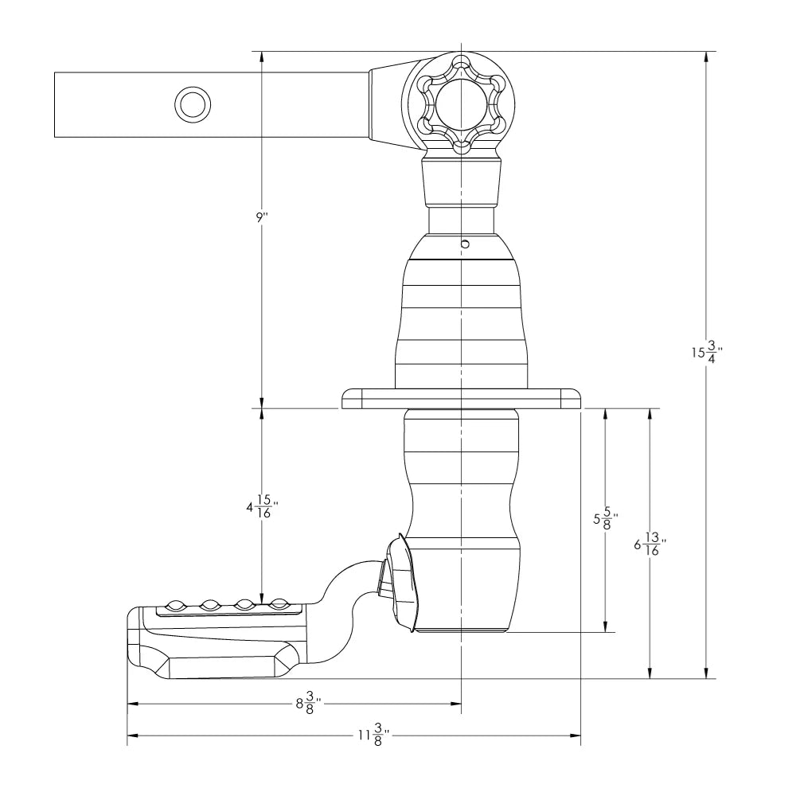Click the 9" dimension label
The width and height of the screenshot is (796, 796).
pos(261,218)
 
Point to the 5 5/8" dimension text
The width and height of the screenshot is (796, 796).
pos(605,519)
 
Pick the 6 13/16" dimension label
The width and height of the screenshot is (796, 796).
pos(650,544)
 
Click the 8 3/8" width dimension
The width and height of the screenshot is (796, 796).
pos(308,704)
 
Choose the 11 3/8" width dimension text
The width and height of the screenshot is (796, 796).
pos(373,735)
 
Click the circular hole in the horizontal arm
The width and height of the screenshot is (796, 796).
pos(193,104)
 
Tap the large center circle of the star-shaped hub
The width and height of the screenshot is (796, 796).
pos(461,105)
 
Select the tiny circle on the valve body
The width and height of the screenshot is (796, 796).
pos(465,244)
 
